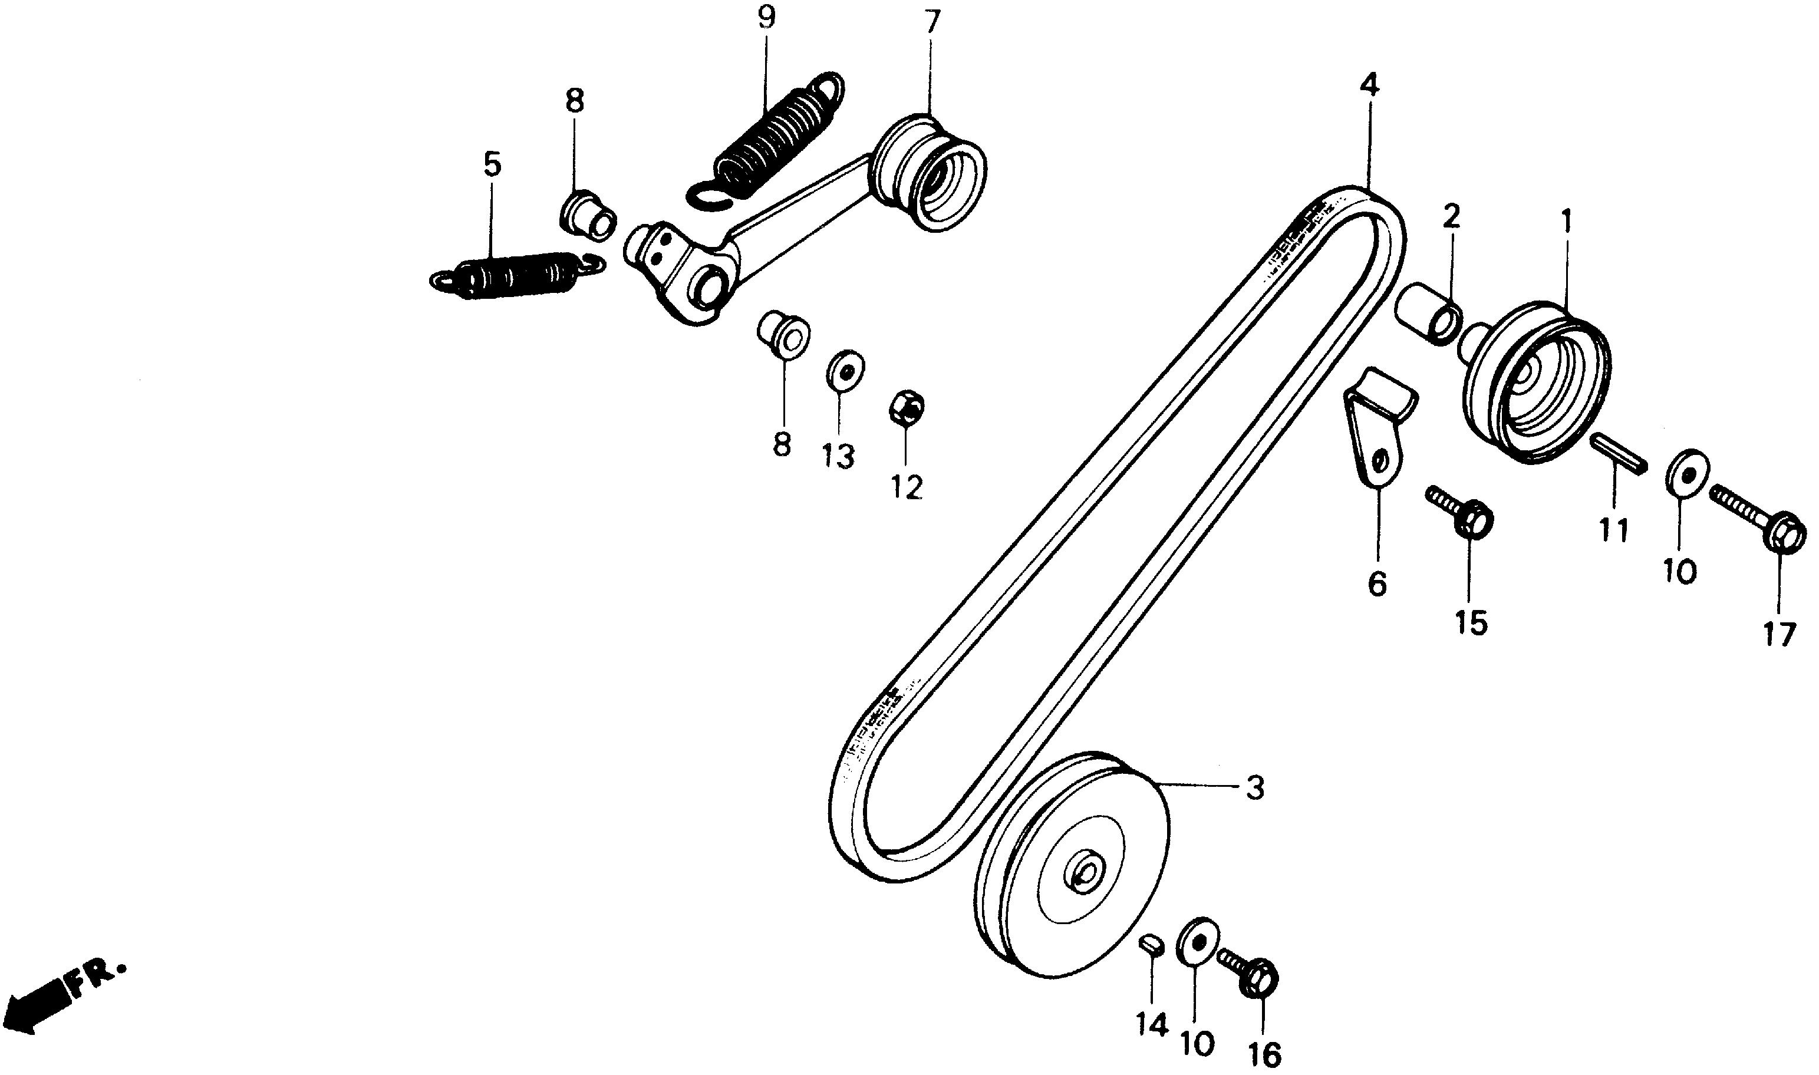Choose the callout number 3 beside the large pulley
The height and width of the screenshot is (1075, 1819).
pyautogui.click(x=1255, y=787)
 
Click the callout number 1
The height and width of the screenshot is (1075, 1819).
pyautogui.click(x=1566, y=221)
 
